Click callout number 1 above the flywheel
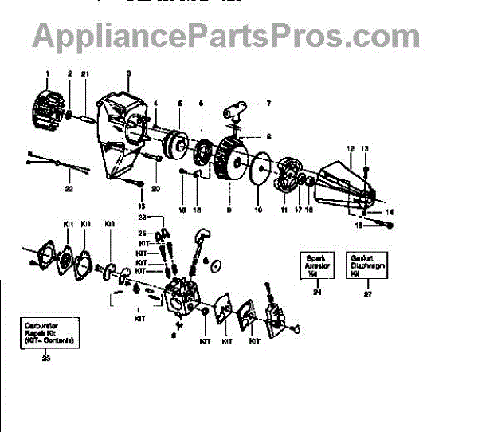(47, 74)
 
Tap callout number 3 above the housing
(128, 74)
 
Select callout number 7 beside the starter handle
(268, 104)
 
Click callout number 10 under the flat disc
(257, 211)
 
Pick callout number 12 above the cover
(350, 149)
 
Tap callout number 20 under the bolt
(156, 189)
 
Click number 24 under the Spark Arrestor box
(316, 293)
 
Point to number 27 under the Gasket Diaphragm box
(366, 293)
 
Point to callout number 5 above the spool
(180, 104)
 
